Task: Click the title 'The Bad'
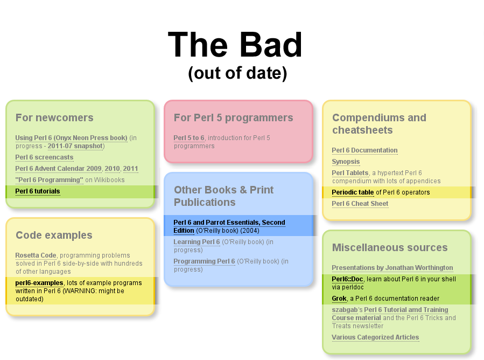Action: point(235,45)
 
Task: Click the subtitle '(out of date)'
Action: point(237,73)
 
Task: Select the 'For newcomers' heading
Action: point(54,117)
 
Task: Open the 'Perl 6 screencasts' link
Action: point(45,157)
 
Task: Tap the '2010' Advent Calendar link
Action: point(113,169)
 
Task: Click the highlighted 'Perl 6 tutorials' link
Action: point(38,191)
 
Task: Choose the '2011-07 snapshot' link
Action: point(75,146)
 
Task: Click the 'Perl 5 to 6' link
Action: point(189,138)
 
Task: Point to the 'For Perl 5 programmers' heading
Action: point(233,117)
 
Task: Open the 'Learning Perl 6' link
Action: point(197,242)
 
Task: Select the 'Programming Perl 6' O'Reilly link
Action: point(205,261)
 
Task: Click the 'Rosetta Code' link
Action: point(36,255)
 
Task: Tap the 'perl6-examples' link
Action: point(39,283)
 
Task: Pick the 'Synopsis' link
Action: point(346,162)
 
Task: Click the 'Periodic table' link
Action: point(353,192)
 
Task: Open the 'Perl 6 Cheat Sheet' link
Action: point(360,204)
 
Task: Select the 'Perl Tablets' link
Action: point(350,173)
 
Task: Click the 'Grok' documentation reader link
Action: point(339,299)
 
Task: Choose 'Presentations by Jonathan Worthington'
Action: point(392,268)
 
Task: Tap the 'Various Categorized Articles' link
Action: point(375,337)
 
